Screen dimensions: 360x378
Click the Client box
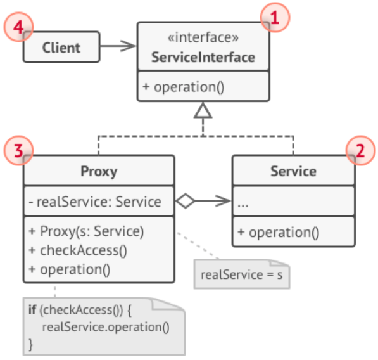(x=61, y=48)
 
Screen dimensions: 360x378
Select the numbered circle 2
(x=360, y=151)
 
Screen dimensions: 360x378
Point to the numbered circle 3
(x=18, y=151)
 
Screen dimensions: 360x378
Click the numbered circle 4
(x=18, y=28)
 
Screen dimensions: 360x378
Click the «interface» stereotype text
(x=203, y=39)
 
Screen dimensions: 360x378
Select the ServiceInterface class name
(x=203, y=58)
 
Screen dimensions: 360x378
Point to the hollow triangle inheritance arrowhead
(x=203, y=112)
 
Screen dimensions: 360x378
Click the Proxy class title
(x=99, y=171)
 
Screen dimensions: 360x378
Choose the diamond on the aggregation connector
(x=186, y=202)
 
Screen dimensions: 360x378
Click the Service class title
(x=293, y=171)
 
